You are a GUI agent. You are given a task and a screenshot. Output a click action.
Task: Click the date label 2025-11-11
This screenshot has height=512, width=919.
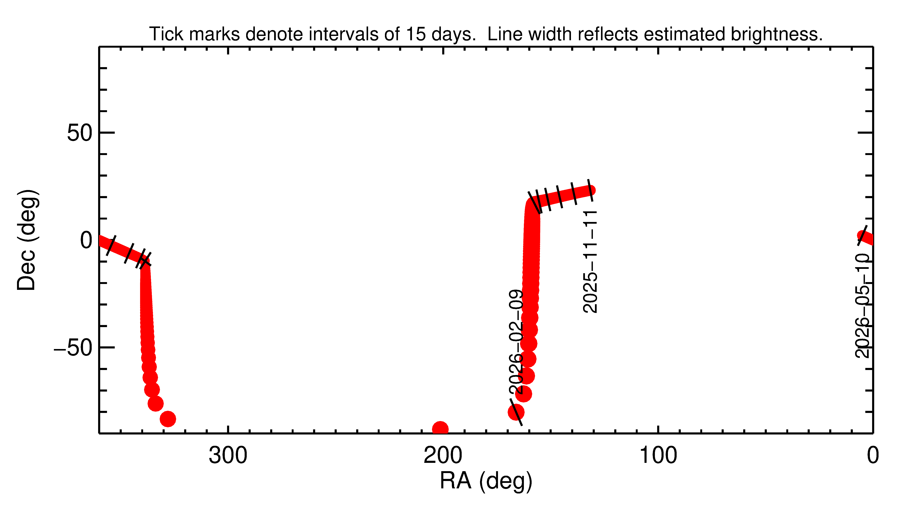(x=590, y=261)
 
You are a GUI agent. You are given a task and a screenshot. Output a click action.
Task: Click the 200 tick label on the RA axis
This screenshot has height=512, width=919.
(x=443, y=456)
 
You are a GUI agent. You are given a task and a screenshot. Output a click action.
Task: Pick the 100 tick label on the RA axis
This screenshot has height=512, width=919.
(x=658, y=456)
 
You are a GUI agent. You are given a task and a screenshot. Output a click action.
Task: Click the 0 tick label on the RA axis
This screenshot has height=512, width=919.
(x=873, y=456)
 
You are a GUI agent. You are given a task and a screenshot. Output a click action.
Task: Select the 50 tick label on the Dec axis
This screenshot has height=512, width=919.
(x=80, y=133)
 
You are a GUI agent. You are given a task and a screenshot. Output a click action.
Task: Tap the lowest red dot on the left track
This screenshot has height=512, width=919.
(x=168, y=419)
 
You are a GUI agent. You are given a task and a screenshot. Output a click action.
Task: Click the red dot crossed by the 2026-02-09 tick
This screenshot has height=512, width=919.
(x=516, y=412)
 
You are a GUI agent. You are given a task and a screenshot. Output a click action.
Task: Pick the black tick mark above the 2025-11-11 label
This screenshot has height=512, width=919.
(x=590, y=190)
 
